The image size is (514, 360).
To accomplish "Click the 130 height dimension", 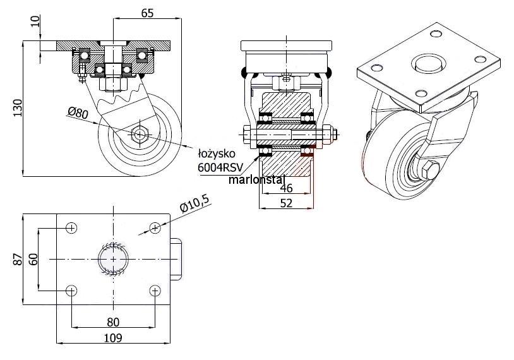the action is click(x=18, y=107).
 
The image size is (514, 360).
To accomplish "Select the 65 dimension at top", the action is click(x=147, y=13).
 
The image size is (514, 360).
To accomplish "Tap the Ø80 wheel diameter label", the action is click(x=78, y=112).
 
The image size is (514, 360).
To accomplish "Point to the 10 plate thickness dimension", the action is click(x=36, y=21).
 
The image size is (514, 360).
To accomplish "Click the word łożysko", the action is click(x=217, y=153).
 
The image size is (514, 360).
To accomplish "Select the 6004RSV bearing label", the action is click(x=220, y=167).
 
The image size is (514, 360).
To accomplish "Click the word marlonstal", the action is click(x=256, y=179).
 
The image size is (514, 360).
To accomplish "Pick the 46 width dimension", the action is click(x=286, y=188).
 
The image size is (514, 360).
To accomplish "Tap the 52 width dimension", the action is click(x=286, y=203).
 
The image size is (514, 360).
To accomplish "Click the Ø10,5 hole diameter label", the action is click(x=194, y=203).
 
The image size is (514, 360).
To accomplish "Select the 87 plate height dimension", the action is click(x=18, y=260).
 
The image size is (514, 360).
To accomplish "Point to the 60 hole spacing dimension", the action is click(x=33, y=260).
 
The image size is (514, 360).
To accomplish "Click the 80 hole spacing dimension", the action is click(x=113, y=322).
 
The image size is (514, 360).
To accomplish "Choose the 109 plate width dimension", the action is click(x=113, y=338).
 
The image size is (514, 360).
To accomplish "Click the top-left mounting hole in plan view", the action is click(x=71, y=228).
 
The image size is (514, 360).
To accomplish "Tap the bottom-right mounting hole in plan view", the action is click(x=155, y=291).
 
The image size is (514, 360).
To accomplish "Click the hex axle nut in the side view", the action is click(x=140, y=135).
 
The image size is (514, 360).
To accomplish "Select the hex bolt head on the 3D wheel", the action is click(x=430, y=171).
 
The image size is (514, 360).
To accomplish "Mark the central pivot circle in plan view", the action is click(x=114, y=260).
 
